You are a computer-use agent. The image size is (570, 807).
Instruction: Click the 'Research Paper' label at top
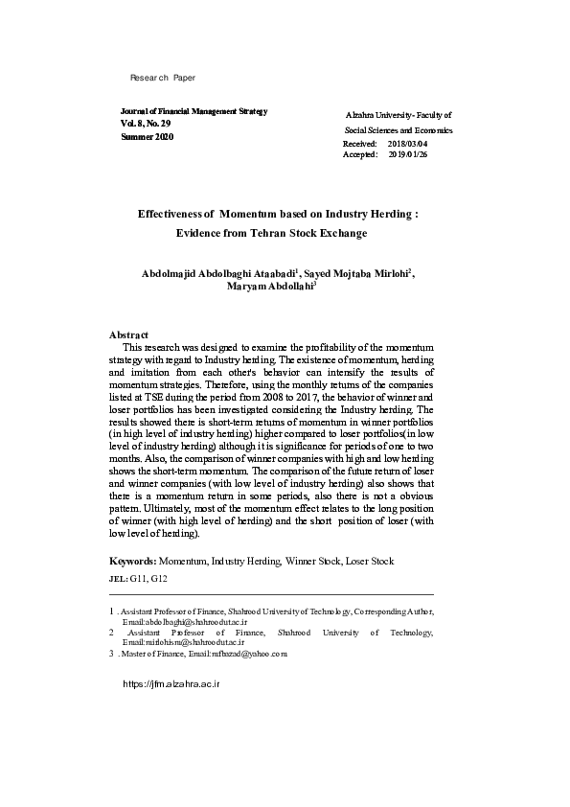point(162,77)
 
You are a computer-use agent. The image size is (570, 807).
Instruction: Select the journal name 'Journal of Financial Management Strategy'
point(194,111)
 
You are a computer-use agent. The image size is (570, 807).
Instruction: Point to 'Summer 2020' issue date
point(148,138)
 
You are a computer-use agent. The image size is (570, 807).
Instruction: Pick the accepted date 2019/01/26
point(408,153)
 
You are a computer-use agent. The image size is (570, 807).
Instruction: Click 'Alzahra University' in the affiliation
point(376,114)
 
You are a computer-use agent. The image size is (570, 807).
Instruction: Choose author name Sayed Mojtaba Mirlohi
point(356,273)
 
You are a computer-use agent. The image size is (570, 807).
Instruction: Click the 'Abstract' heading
point(128,334)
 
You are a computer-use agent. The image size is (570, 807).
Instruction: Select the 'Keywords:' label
point(133,561)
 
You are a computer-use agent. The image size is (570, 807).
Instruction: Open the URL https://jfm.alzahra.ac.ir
point(171,686)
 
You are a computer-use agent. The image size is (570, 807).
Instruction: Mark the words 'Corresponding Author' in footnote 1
point(395,611)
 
